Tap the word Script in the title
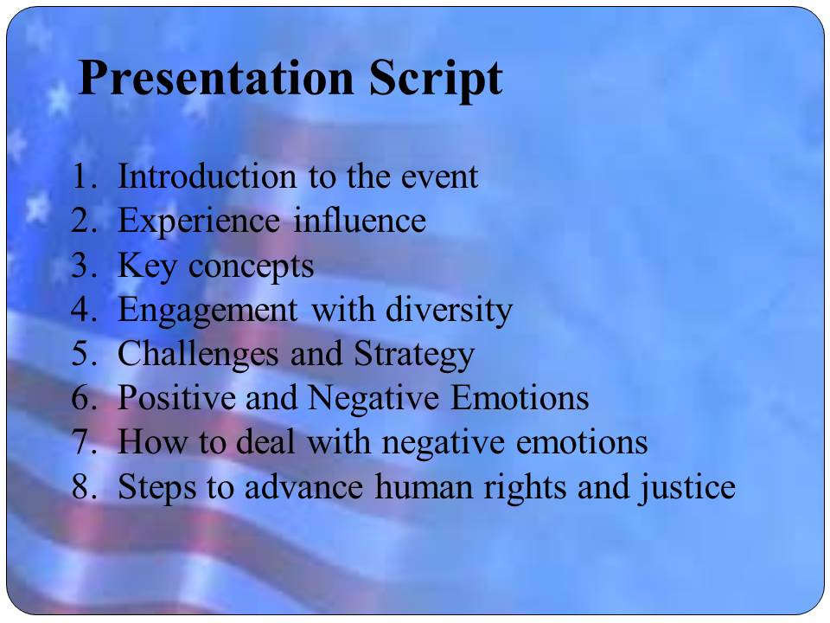click(436, 80)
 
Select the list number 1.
click(85, 176)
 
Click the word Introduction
click(207, 176)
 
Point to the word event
click(439, 177)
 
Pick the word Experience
click(199, 222)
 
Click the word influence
click(360, 221)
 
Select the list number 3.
click(85, 265)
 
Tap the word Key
click(147, 267)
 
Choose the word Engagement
click(207, 311)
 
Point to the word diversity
click(449, 310)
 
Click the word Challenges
click(198, 355)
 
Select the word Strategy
click(414, 355)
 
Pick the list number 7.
click(85, 442)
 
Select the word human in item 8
click(424, 486)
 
